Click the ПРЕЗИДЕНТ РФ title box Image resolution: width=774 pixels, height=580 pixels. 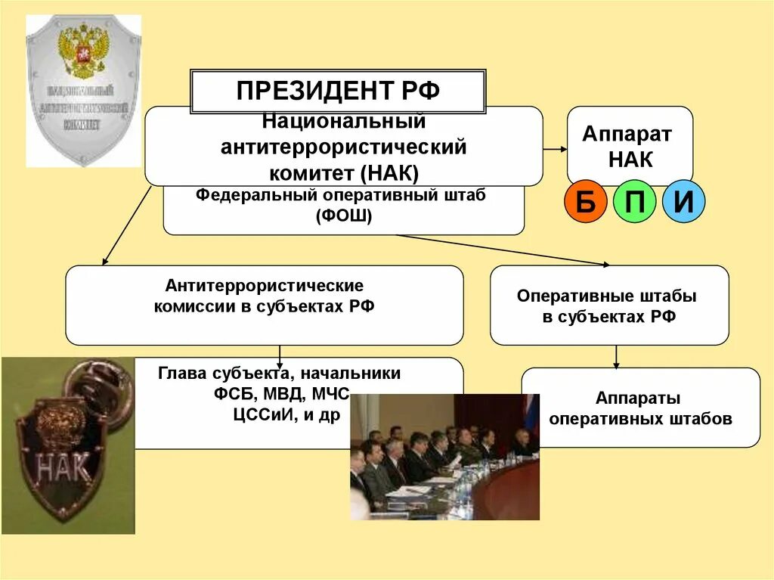coord(337,91)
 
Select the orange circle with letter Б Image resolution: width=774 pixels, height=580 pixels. coord(585,202)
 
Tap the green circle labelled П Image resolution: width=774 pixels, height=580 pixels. coord(634,202)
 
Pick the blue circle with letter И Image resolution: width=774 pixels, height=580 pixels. coord(683,202)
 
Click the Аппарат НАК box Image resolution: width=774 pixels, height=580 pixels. coord(629,146)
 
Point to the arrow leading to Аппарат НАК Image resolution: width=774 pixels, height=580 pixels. coord(555,149)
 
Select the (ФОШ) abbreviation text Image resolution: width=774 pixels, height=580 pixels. coord(344,215)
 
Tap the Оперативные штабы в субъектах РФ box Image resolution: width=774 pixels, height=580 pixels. coord(609,306)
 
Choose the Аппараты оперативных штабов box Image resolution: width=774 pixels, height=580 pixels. coord(640,408)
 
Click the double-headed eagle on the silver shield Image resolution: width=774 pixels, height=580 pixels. coord(82,50)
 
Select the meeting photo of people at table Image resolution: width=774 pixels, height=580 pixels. coord(444,457)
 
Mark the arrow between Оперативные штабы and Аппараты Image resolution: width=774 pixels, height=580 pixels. coord(617,356)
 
